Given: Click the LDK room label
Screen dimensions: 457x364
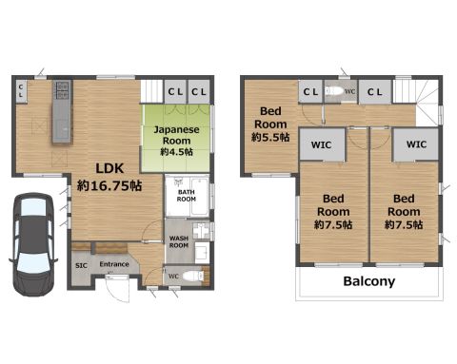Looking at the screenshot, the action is point(109,168).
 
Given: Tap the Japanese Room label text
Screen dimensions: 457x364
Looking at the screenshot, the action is point(176,135).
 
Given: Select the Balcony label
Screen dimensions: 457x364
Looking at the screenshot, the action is point(369,281).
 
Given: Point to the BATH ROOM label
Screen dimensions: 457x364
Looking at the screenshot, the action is point(187,196).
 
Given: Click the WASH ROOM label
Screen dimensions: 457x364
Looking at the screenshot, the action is point(179,241).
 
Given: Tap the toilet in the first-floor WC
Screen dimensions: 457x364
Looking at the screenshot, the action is point(193,276).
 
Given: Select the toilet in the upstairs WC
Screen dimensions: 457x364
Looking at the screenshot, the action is point(334,91).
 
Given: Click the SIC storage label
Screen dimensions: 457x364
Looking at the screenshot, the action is point(81,265).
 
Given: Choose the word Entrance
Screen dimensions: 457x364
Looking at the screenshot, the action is point(114,264).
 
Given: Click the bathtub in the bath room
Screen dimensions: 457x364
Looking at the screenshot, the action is point(200,196).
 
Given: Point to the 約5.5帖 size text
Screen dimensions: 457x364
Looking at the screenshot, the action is point(270,137).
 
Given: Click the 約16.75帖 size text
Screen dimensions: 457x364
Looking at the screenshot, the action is point(109,185).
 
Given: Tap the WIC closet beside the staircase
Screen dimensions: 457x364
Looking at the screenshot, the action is point(416,144).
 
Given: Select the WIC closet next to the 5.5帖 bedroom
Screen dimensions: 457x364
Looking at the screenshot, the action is point(322,144).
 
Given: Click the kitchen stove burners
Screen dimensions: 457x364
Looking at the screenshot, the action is point(62,90).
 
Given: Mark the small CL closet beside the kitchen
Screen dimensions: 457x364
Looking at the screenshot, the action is point(21,91).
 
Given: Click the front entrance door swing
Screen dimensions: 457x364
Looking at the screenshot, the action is point(118,289).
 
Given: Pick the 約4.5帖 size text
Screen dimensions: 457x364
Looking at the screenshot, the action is point(176,152).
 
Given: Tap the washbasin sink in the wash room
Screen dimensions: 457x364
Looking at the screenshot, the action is point(202,253).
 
